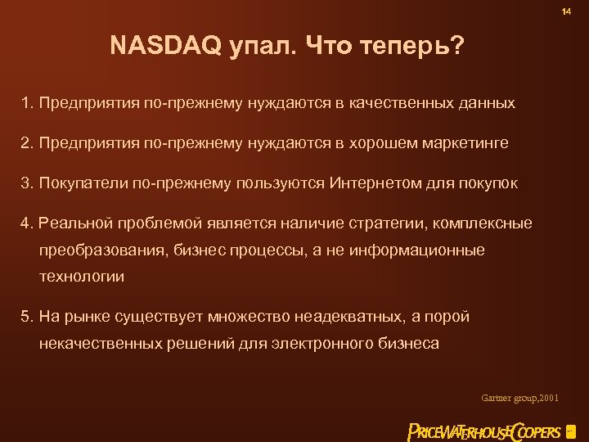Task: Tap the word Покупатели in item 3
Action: point(79,183)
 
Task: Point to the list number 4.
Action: point(26,223)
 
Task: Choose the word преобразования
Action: point(103,250)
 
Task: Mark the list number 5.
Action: point(26,316)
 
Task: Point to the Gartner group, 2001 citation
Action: point(520,398)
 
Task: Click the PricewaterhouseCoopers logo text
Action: point(484,431)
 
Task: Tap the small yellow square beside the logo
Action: point(570,431)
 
